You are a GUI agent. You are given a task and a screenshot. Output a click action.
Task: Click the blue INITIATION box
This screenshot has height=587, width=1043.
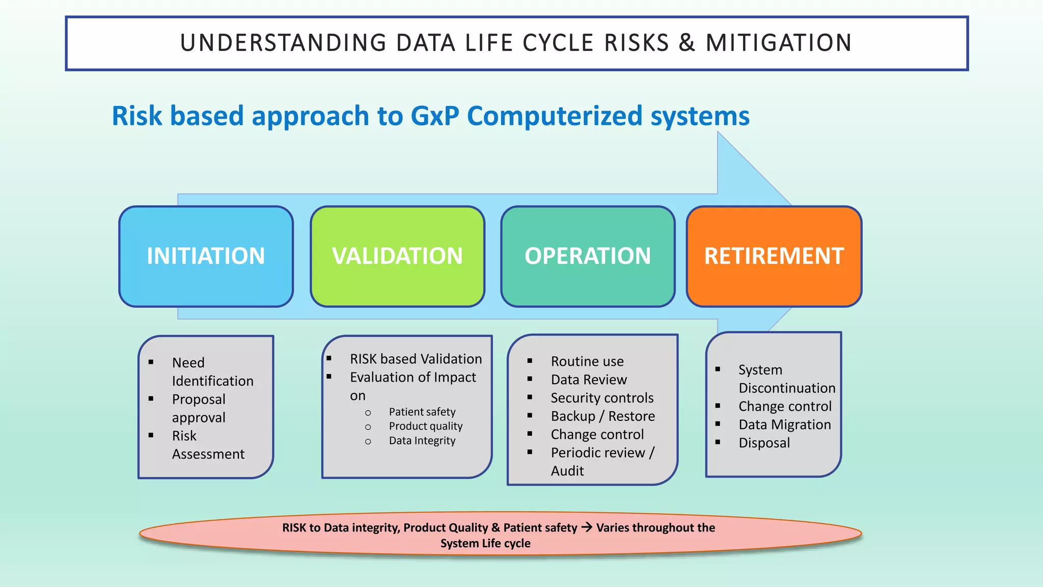click(206, 256)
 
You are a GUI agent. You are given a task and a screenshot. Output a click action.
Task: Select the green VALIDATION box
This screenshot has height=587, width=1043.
click(397, 256)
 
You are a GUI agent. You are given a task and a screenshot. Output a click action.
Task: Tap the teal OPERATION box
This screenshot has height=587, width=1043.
click(588, 256)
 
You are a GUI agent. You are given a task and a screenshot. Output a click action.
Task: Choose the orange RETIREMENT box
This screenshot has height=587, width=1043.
click(774, 256)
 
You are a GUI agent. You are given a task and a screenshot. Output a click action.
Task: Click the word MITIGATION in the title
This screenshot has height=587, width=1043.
click(779, 43)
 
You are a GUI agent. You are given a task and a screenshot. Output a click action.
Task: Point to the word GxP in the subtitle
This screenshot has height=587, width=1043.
click(434, 116)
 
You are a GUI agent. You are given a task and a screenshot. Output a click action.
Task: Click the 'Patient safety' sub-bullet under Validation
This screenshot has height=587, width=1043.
click(422, 412)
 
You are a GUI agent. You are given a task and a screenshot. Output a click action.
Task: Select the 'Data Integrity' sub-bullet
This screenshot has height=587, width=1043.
click(422, 441)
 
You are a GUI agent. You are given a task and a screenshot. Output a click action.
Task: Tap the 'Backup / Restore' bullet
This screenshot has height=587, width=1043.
click(602, 416)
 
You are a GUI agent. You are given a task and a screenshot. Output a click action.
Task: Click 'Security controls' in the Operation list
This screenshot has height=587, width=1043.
click(602, 398)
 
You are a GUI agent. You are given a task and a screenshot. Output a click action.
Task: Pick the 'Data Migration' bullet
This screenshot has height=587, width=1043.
click(784, 425)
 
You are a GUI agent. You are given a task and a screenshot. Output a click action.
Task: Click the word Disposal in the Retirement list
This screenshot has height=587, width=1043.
click(764, 443)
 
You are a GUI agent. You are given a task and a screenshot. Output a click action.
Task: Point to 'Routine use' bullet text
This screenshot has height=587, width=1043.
click(587, 362)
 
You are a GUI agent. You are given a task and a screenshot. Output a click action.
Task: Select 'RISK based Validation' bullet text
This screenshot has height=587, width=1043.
click(416, 359)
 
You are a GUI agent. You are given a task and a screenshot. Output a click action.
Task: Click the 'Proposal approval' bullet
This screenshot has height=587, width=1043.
click(199, 408)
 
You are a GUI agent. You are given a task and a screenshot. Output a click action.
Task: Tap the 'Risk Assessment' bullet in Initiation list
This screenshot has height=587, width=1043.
click(208, 445)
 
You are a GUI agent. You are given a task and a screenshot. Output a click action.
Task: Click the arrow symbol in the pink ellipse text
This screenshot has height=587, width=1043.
click(587, 527)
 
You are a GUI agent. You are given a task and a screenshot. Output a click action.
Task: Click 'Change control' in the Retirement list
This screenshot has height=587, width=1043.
click(785, 407)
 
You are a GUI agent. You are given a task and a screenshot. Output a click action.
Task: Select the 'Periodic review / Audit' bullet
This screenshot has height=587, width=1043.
click(602, 461)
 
